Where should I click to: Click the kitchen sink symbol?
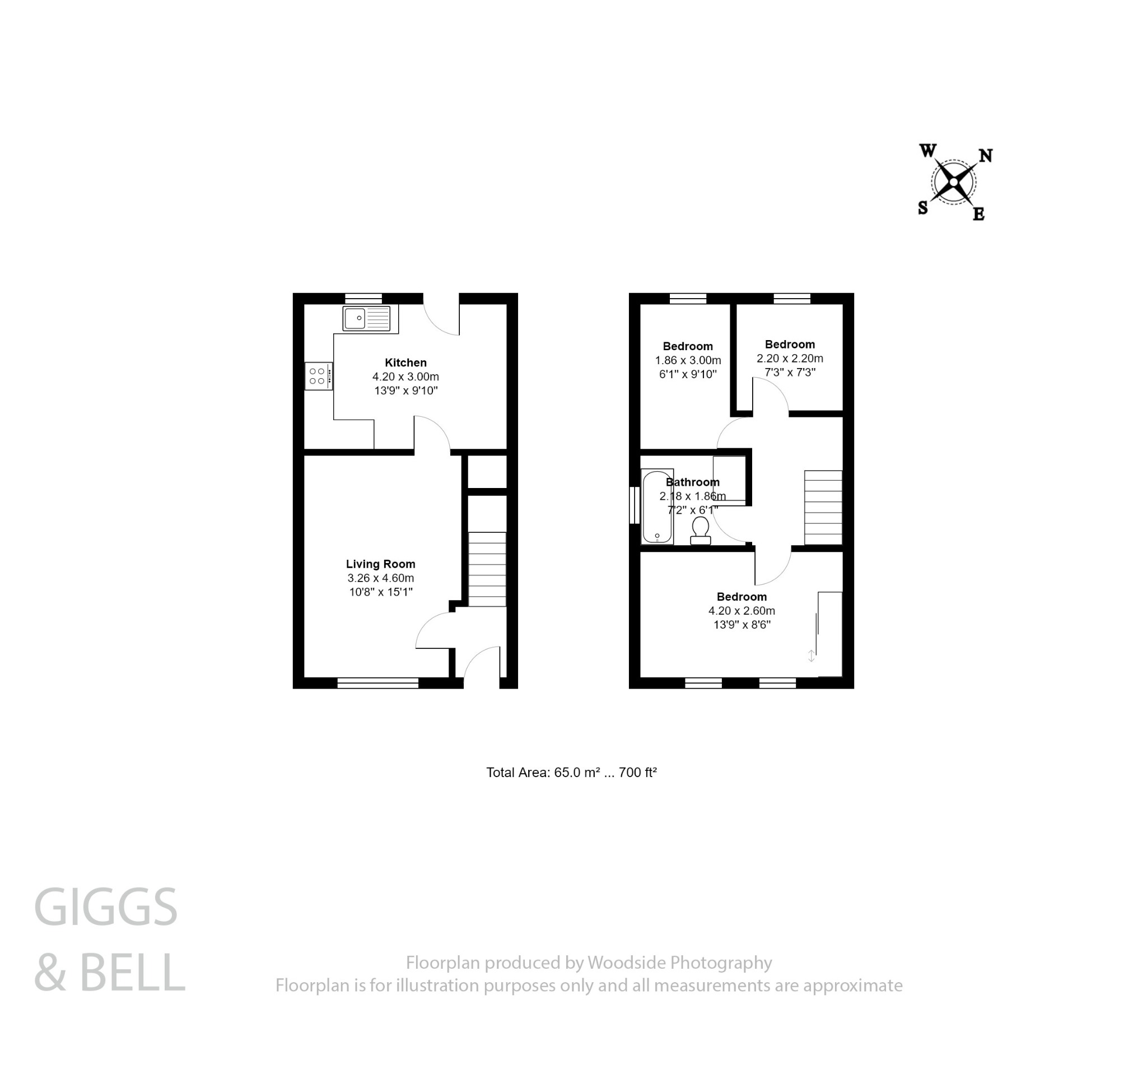(366, 319)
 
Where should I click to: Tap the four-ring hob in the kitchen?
(319, 377)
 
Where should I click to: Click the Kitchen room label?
(405, 363)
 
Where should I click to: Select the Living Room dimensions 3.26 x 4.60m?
(380, 578)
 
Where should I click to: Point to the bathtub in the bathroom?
(657, 507)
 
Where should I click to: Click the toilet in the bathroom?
(701, 530)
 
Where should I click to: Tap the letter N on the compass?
(986, 156)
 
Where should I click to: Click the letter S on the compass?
(923, 208)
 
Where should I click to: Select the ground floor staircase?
(487, 569)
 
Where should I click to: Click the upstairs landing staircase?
(823, 507)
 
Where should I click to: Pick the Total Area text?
(571, 773)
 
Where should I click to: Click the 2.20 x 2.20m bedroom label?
(789, 358)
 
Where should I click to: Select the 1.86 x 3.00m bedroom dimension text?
(688, 360)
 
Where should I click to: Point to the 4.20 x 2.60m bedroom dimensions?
(742, 611)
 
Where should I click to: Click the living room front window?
(378, 683)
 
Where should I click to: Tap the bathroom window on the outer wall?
(635, 505)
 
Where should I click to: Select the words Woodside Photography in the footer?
(680, 963)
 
